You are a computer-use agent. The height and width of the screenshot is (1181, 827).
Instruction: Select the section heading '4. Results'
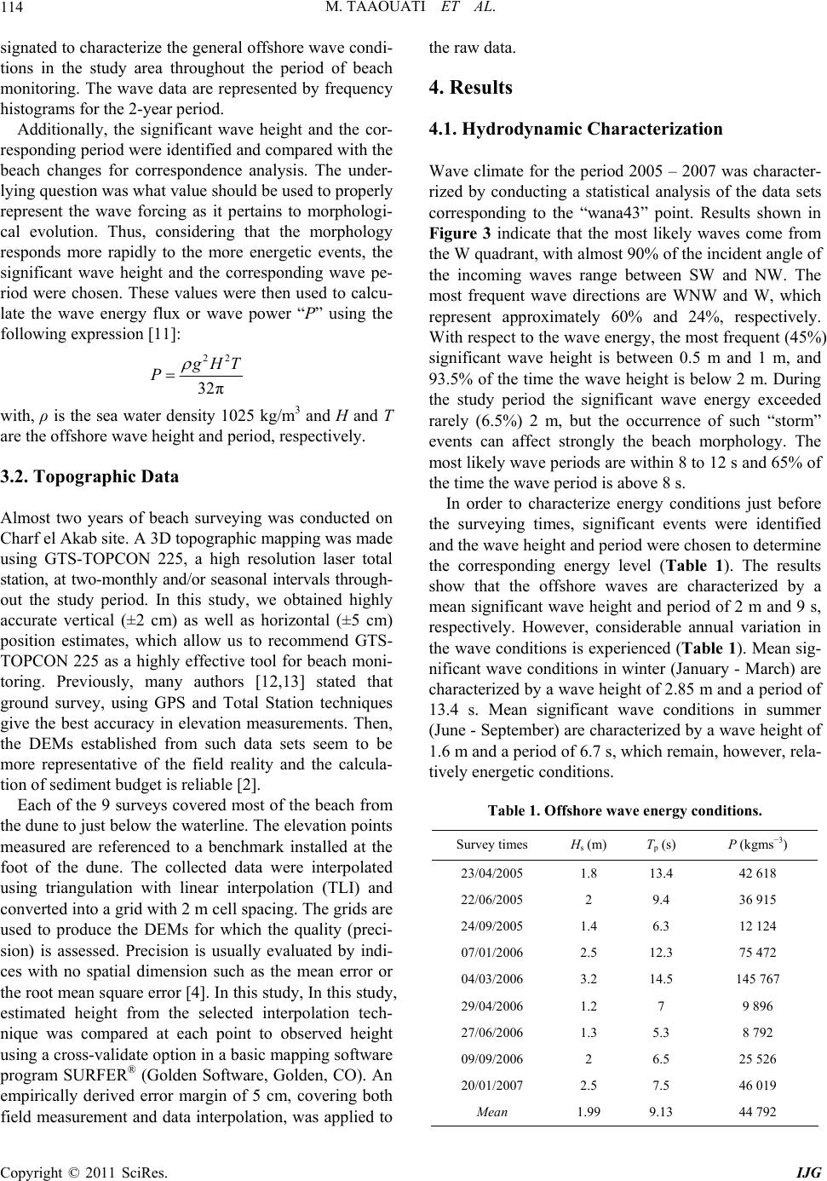470,87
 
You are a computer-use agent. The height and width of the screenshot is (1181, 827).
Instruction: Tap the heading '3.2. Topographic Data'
89,476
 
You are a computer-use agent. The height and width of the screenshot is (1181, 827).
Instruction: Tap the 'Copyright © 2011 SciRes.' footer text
84,1170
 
